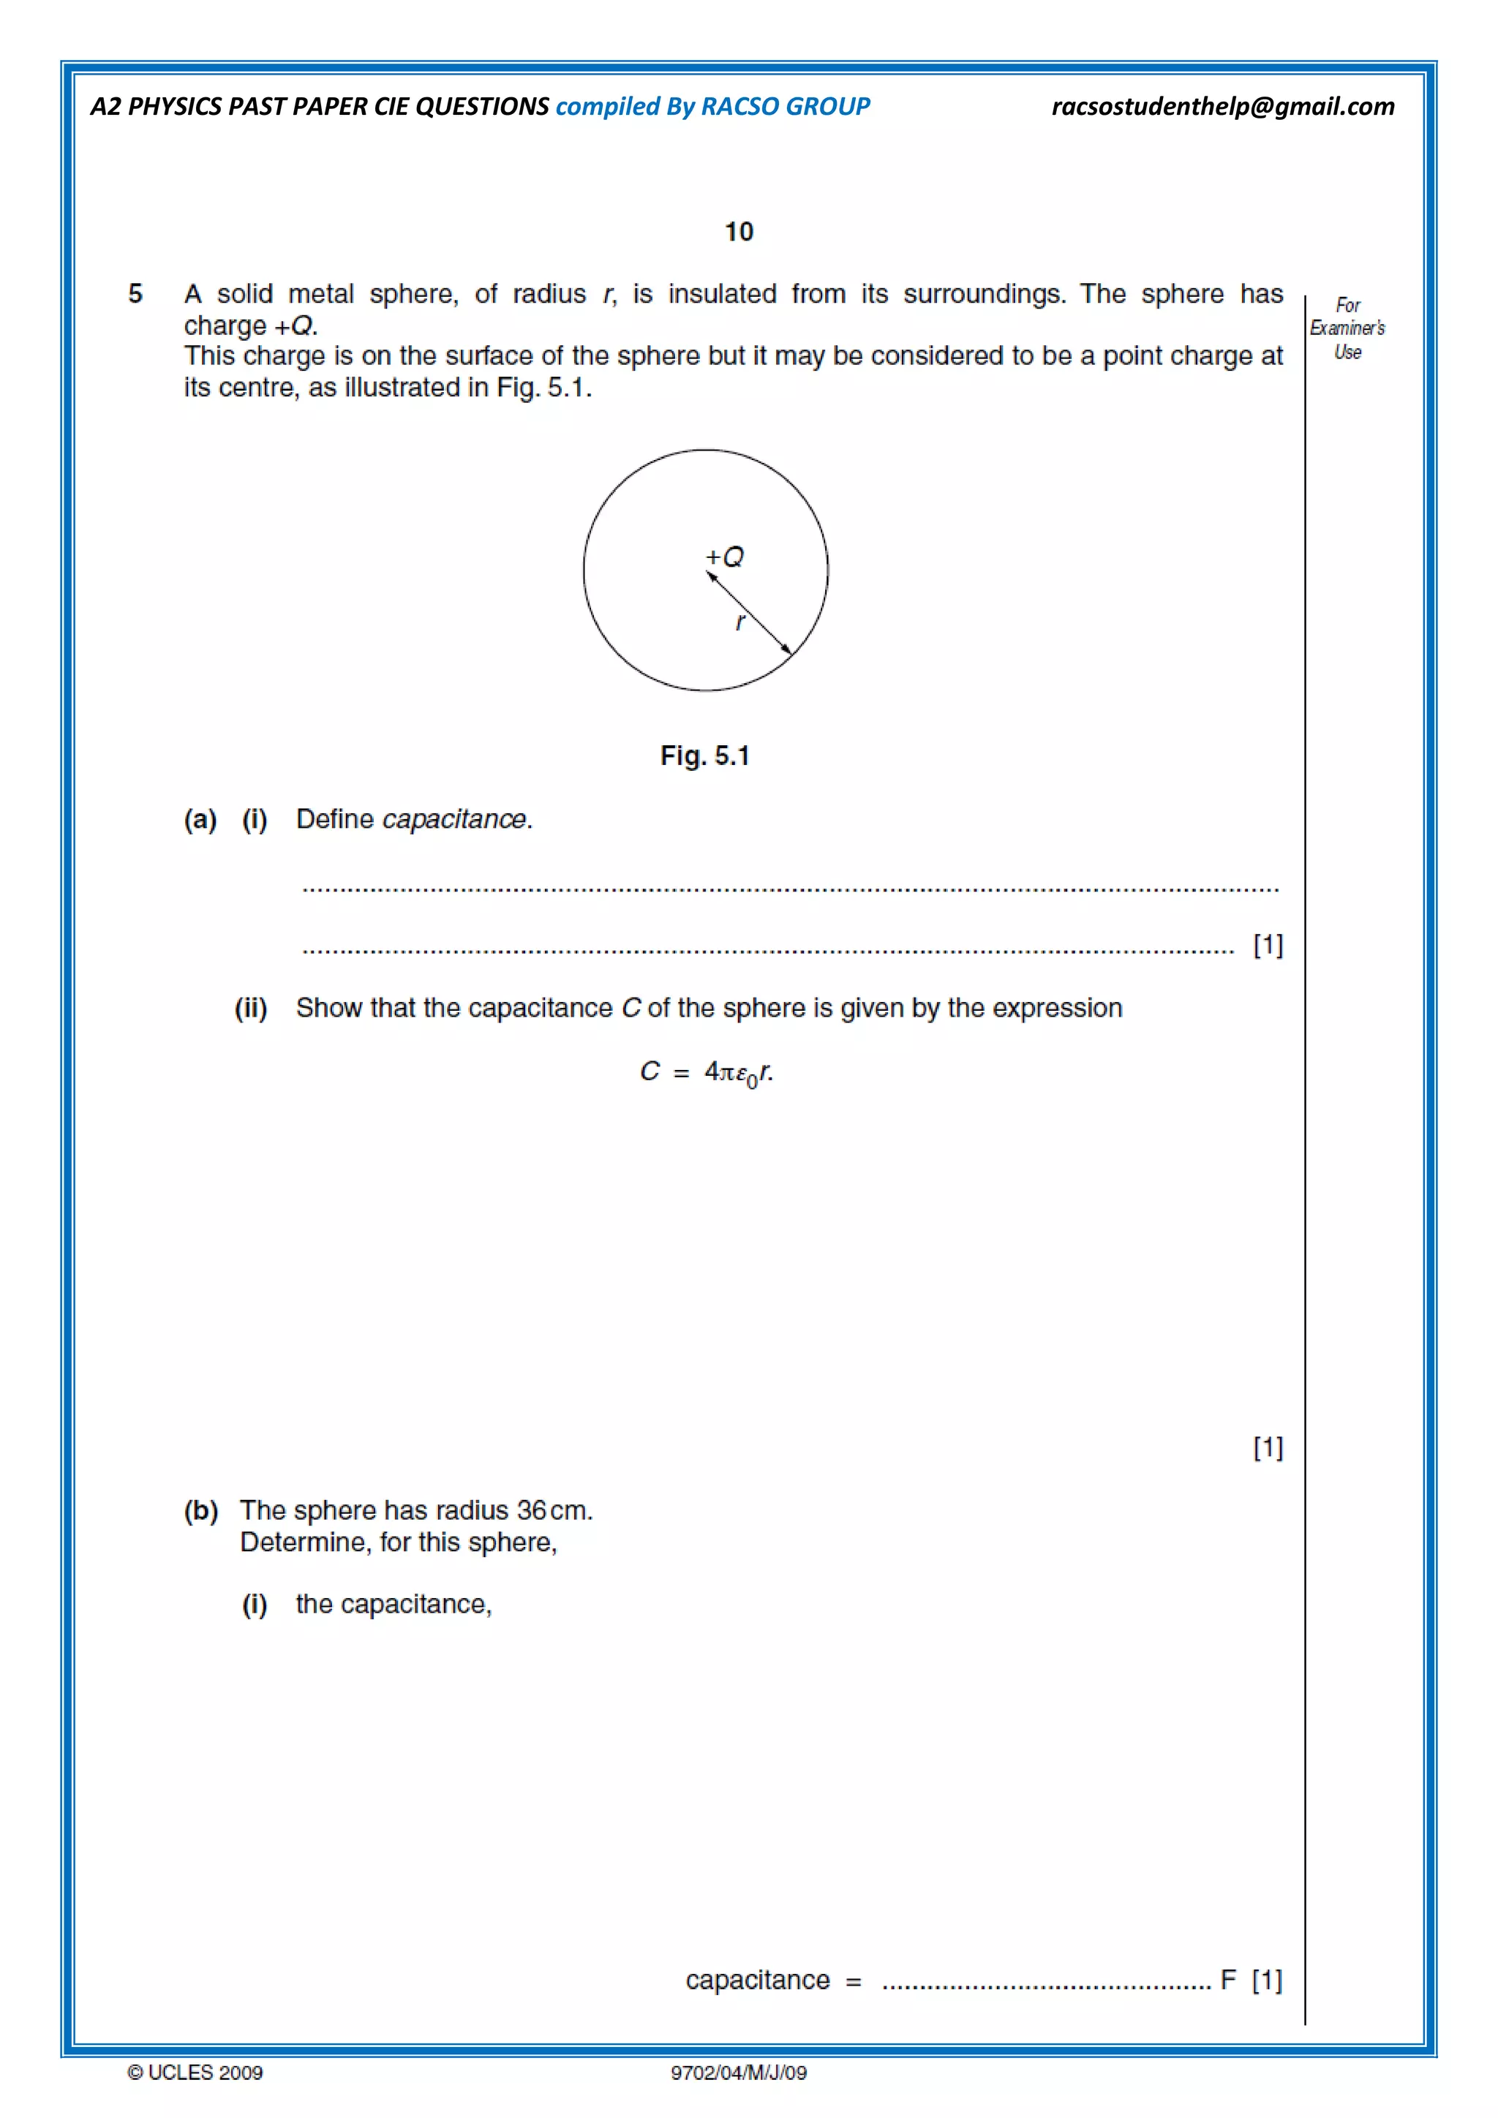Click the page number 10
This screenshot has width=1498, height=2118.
(x=739, y=232)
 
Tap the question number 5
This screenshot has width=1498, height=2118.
(x=135, y=294)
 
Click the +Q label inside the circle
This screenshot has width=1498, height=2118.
(x=725, y=557)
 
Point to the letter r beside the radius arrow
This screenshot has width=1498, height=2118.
(x=739, y=622)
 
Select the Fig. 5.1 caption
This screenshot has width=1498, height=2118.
(x=704, y=756)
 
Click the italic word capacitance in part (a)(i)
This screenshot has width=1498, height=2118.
(x=456, y=819)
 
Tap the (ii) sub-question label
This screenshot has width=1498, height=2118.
(x=251, y=1009)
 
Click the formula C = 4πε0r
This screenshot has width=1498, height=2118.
(x=707, y=1073)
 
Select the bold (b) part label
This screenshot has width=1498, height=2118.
(x=201, y=1511)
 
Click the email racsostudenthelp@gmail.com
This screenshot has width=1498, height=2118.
(x=1222, y=107)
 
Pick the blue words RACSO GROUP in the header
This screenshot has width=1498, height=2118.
(x=785, y=107)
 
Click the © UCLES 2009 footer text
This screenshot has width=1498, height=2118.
(x=195, y=2073)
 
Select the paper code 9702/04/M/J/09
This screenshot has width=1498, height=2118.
(x=738, y=2073)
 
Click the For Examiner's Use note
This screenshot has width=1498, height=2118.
(x=1347, y=328)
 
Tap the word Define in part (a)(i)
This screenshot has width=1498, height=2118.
(x=335, y=819)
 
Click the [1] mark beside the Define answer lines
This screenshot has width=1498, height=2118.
(x=1268, y=945)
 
